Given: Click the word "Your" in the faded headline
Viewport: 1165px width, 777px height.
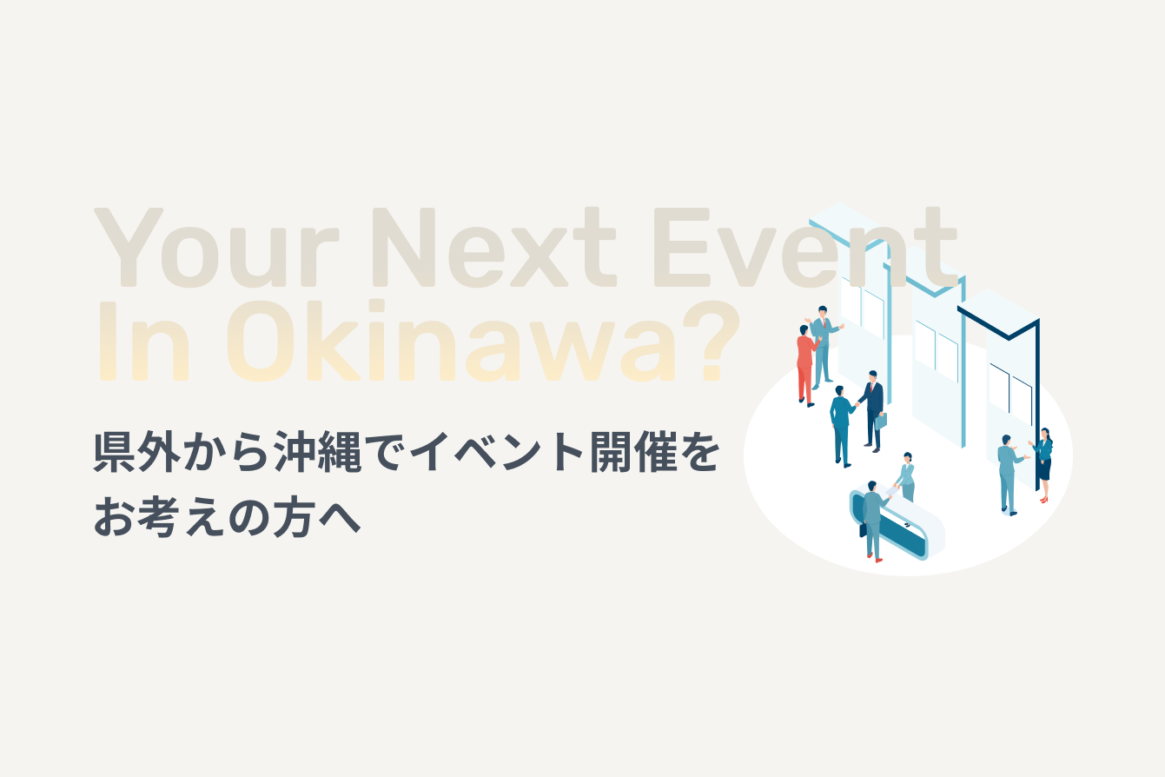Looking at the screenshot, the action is [216, 247].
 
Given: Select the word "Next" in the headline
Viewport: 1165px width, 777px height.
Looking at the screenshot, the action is [494, 247].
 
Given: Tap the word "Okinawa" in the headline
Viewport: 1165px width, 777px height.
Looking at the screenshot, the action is [451, 340].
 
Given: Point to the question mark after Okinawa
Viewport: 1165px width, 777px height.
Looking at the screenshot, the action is [712, 340].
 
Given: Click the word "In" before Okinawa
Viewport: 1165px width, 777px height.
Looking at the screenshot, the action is [143, 341].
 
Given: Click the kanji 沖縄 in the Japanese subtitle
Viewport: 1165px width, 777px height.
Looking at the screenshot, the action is [318, 451].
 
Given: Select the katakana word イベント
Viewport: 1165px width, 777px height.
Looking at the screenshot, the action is [496, 451].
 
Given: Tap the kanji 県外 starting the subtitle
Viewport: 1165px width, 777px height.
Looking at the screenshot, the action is [137, 451].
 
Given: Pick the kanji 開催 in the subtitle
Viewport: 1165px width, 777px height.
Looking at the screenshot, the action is [633, 451].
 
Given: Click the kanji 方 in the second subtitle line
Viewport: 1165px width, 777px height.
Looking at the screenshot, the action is [295, 517].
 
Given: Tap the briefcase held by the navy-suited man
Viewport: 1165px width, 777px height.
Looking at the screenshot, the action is [881, 421].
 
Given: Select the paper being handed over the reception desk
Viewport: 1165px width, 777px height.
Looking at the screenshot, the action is [892, 491].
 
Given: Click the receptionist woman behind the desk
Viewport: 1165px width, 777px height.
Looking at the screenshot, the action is [906, 476].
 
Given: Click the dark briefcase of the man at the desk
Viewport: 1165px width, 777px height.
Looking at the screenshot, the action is [863, 530].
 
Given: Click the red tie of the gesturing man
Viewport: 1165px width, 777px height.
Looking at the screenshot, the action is [824, 323].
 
